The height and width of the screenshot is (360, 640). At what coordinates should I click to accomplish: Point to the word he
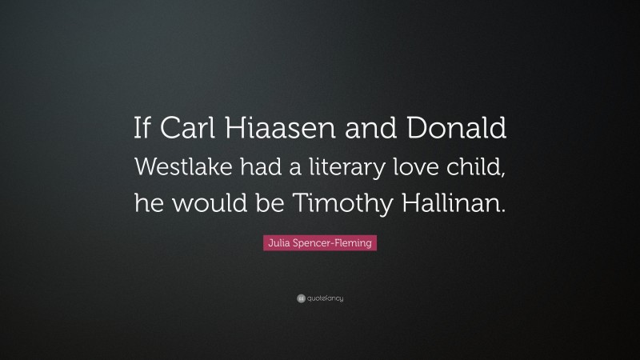click(146, 203)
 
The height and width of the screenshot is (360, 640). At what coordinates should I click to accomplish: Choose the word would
click(203, 203)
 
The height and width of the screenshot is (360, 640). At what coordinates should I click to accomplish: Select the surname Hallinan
click(455, 203)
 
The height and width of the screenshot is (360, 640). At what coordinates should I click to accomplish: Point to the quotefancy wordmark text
click(326, 298)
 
